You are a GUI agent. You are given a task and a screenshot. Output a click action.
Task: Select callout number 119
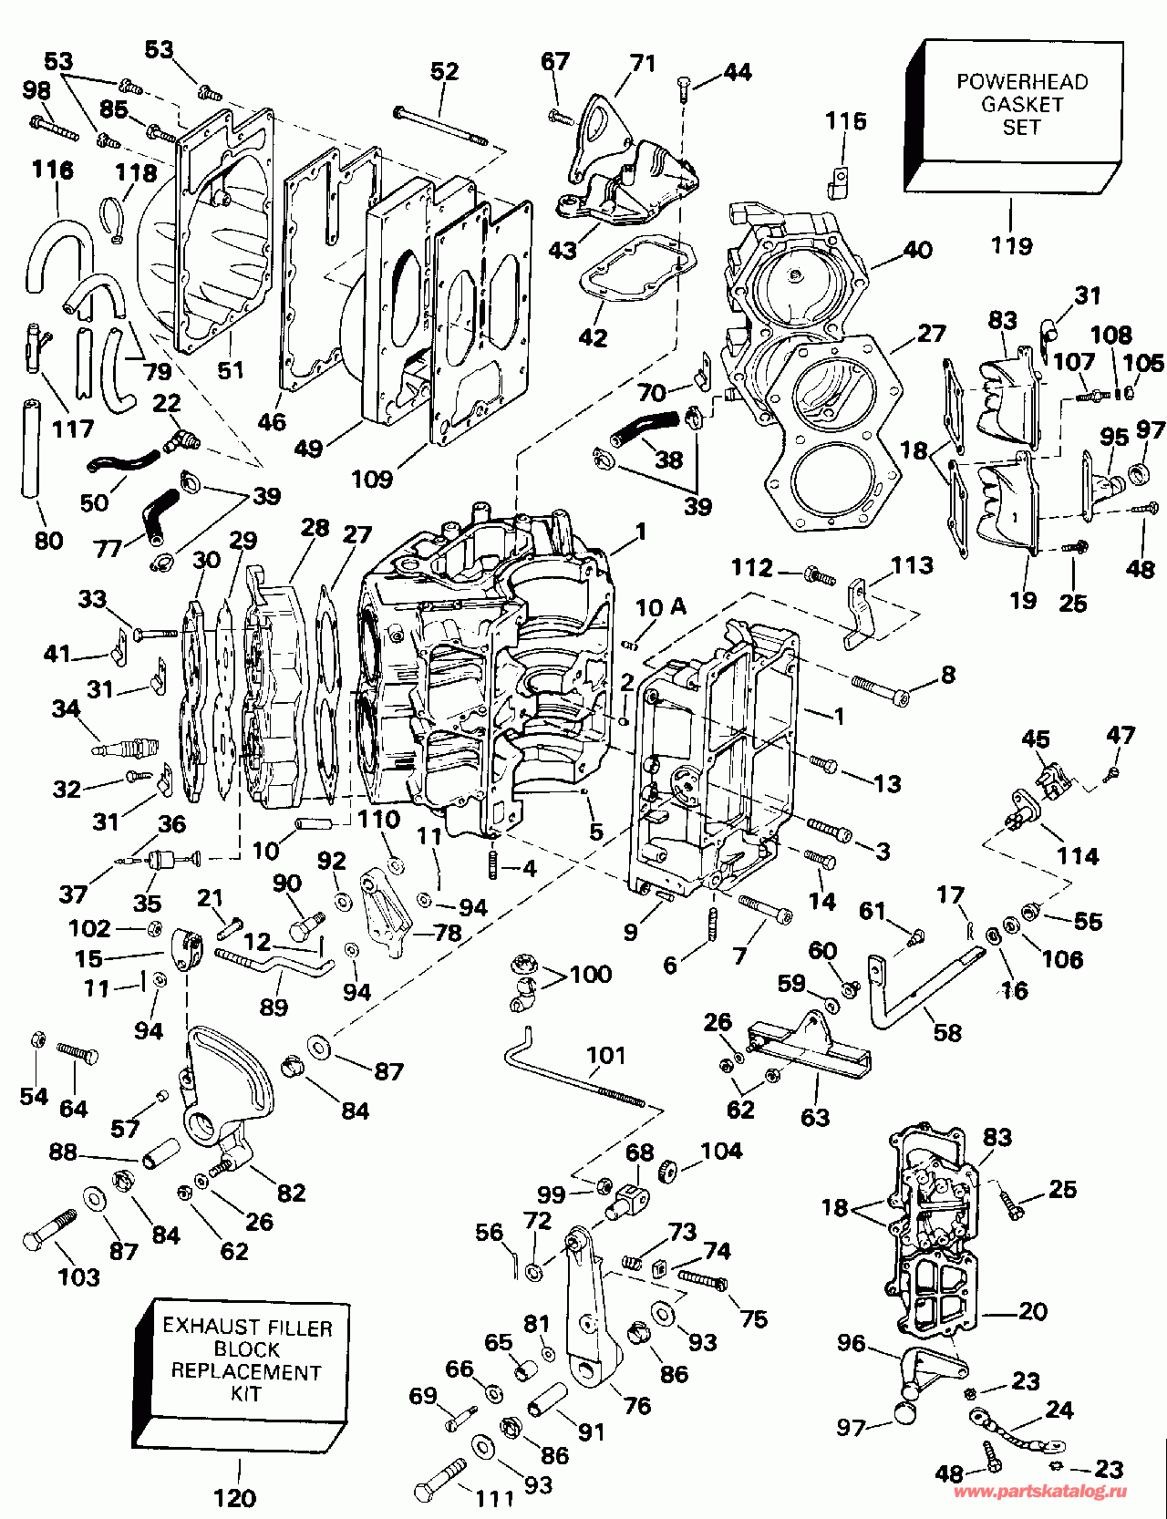[1012, 245]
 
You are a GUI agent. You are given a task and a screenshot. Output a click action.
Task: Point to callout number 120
[234, 1497]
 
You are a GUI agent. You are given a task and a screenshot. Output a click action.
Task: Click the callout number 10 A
[661, 607]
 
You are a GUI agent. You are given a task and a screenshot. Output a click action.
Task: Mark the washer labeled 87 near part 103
[94, 1197]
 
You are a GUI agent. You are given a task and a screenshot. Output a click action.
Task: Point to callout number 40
[917, 249]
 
